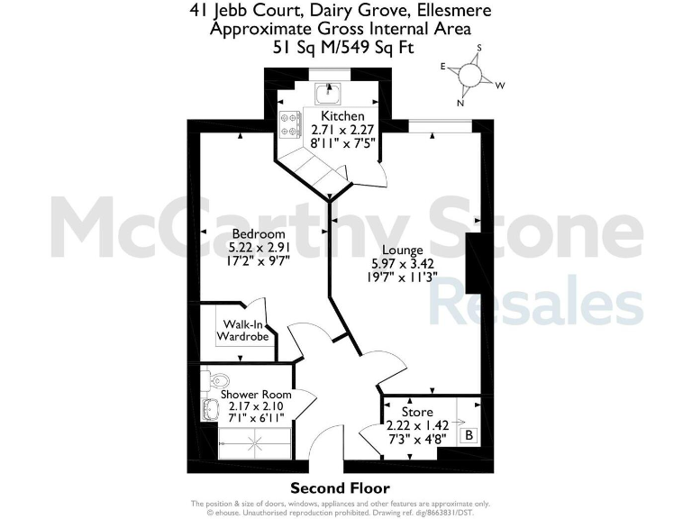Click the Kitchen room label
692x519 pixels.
click(342, 116)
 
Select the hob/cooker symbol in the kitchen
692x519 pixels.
click(290, 124)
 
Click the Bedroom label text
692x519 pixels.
click(251, 233)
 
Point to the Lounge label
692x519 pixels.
click(399, 250)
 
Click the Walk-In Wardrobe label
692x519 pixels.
click(243, 330)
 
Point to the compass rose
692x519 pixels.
click(469, 74)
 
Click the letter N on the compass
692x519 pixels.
click(460, 103)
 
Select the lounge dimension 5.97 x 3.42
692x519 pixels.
click(397, 263)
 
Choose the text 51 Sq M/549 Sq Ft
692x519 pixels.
click(344, 47)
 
